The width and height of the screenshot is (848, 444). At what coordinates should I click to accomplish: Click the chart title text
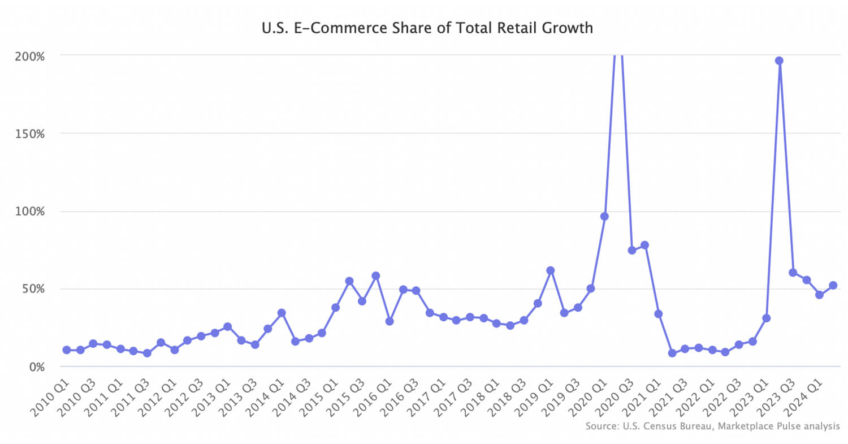[x=424, y=27]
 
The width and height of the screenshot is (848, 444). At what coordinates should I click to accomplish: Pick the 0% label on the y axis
[x=38, y=367]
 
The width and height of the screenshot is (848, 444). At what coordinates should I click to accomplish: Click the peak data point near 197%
[x=779, y=61]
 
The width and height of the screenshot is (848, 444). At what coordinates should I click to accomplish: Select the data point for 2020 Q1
[x=604, y=216]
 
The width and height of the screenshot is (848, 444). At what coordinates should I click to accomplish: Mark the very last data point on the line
[x=833, y=286]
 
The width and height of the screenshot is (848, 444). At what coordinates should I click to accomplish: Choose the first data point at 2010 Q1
[x=67, y=350]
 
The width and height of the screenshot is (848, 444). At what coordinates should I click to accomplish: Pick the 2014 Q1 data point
[x=282, y=313]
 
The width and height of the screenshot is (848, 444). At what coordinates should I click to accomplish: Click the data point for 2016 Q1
[x=389, y=321]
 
